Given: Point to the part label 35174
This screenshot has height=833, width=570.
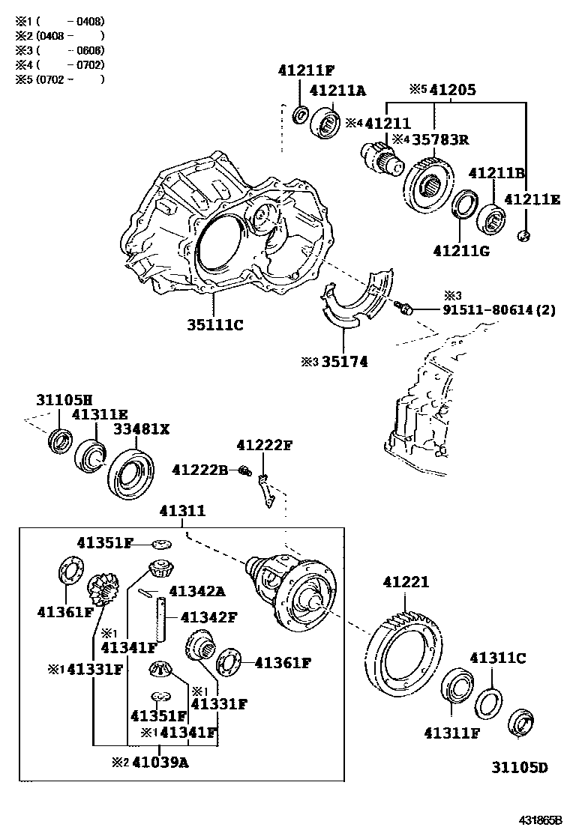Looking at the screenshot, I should (345, 362).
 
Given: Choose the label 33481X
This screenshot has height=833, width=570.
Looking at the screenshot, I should (141, 428).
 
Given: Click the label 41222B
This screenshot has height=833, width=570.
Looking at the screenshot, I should (199, 469).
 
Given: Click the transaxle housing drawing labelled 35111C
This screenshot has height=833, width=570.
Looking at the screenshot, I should (225, 225).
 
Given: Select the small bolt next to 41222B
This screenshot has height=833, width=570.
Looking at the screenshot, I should (244, 470).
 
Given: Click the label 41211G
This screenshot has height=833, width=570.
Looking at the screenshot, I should (461, 249).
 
